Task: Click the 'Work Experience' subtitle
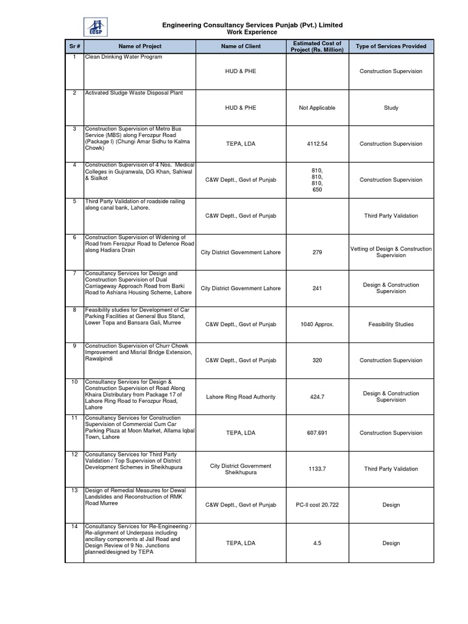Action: [252, 32]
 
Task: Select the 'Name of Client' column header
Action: [240, 46]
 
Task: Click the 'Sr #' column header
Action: [74, 46]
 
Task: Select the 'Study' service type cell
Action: [391, 108]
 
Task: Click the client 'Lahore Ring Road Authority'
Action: [240, 397]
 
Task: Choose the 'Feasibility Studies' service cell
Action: [391, 325]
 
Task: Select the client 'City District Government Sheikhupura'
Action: [240, 469]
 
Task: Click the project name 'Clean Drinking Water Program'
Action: [124, 57]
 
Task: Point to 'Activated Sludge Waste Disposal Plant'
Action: [133, 93]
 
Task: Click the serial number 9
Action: [74, 346]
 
